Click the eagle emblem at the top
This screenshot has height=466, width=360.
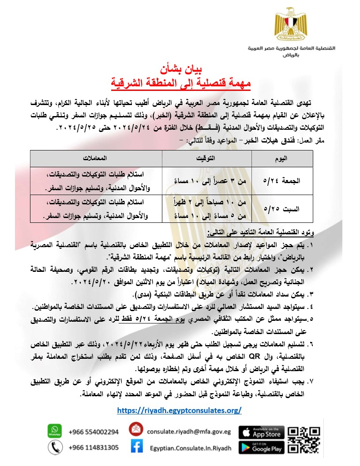pos(289,24)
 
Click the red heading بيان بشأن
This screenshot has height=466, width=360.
pos(180,70)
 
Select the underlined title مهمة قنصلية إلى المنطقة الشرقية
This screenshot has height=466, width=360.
pos(180,82)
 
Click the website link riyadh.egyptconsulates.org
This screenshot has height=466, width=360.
pos(180,410)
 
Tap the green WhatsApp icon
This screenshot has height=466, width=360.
pos(54,430)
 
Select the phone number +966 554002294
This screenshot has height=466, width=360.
pos(94,432)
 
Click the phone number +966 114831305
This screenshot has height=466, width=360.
pos(94,447)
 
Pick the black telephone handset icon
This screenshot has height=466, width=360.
pos(54,447)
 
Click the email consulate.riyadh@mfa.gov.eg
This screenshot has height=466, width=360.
pos(189,432)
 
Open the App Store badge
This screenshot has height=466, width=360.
pos(261,432)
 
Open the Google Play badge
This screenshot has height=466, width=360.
pos(261,447)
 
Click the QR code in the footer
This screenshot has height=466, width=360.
pos(304,440)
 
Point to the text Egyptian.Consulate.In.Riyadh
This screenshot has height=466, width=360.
pos(190,448)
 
